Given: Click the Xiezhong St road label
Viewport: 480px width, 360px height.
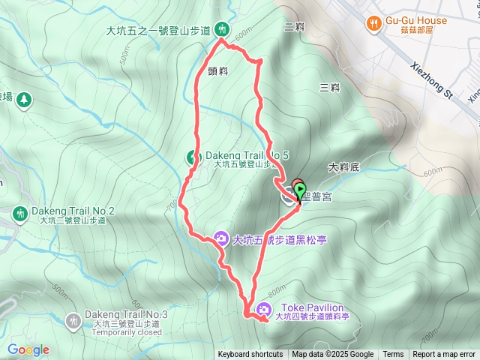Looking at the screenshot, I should [434, 81].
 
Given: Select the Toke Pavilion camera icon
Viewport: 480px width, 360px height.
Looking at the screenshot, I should [264, 309].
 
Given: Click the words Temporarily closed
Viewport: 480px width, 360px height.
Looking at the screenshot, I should [127, 332].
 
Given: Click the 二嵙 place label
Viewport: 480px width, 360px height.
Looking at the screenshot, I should [295, 27].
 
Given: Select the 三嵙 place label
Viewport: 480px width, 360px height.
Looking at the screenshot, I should [329, 88].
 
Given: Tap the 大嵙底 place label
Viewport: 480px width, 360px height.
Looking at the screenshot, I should [344, 166].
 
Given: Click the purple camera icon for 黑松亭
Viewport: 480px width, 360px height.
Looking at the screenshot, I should [221, 239].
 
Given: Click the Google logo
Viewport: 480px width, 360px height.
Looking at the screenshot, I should [28, 349].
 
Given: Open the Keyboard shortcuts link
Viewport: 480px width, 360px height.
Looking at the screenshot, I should [250, 355].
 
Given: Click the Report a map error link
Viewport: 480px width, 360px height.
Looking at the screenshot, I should [444, 355].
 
